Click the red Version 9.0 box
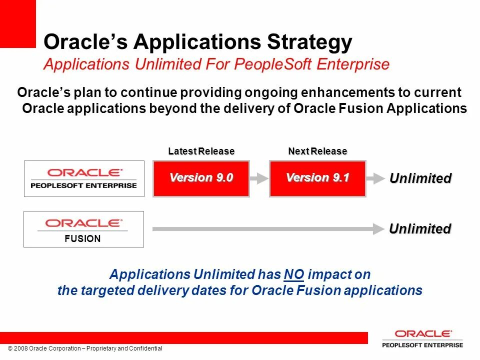pos(201,178)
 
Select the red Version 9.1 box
pos(317,178)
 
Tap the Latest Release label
pos(201,151)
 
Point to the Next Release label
pos(318,151)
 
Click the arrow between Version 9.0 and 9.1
pos(259,178)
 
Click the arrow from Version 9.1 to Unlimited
pos(375,178)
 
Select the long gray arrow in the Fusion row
pos(268,229)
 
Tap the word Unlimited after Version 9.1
pos(420,178)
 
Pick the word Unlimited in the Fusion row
pos(420,228)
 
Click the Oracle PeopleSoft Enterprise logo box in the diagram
pos(84,178)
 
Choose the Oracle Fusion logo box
pos(83,229)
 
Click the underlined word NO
pos(294,274)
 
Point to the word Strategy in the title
pos(309,41)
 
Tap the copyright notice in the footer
pos(85,348)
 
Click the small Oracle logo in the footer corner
pos(423,338)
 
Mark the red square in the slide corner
pos(18,24)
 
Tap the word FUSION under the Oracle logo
pos(82,238)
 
